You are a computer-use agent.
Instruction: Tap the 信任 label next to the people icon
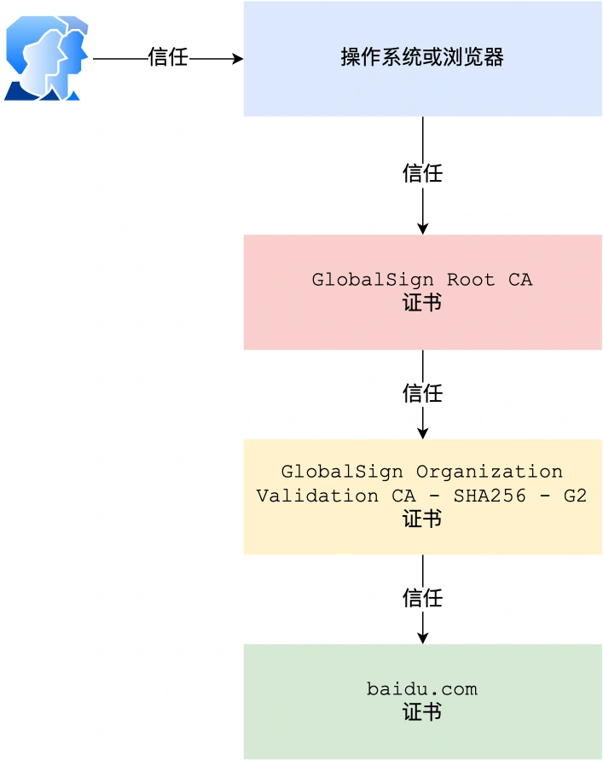tap(167, 58)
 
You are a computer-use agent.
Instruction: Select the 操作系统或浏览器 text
tap(422, 58)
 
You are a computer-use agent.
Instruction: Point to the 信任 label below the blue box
tap(422, 173)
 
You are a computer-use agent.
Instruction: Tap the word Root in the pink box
tap(471, 280)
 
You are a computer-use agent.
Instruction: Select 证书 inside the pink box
tap(422, 303)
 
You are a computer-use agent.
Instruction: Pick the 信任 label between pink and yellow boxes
tap(422, 393)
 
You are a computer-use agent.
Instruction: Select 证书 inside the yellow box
tap(422, 519)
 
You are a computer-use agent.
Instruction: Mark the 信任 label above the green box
tap(422, 598)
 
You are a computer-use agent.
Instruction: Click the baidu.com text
tap(422, 689)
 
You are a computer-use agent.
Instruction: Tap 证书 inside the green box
tap(422, 712)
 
